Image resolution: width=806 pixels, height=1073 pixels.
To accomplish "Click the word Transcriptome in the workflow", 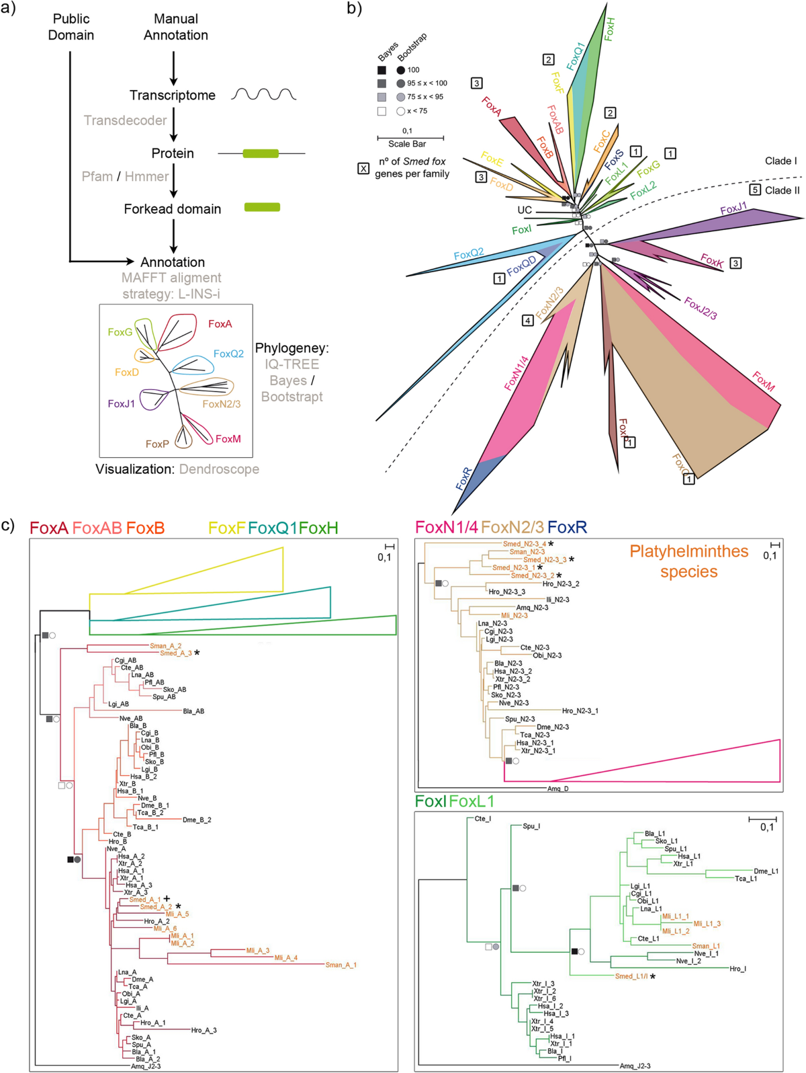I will [172, 95].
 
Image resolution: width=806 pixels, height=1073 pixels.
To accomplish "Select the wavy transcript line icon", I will [263, 94].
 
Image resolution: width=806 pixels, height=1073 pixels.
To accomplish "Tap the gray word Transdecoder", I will [125, 120].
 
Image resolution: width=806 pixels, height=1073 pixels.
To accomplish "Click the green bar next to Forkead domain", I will [262, 207].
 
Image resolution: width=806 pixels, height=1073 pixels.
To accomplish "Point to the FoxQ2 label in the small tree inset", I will [228, 354].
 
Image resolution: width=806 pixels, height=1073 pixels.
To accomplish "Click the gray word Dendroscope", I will [219, 469].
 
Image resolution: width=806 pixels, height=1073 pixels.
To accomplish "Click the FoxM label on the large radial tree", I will [763, 381].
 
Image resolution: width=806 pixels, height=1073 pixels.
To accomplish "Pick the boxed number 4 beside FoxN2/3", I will [528, 321].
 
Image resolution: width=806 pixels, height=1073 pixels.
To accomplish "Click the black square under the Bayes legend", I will [382, 70].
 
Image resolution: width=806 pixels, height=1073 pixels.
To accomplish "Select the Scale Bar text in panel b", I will [407, 144].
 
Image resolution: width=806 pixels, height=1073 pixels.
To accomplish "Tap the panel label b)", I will [354, 9].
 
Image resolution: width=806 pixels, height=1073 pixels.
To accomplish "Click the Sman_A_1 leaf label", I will [341, 965].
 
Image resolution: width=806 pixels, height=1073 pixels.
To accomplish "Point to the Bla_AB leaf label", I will [193, 711].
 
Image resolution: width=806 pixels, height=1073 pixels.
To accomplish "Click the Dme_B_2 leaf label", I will [197, 820].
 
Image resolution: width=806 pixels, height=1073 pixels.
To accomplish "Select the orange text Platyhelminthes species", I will [688, 561].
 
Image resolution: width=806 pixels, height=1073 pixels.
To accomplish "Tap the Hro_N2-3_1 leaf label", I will [580, 711].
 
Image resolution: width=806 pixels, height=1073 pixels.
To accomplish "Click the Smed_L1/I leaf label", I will [631, 976].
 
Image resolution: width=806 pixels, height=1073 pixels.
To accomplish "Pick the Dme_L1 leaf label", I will [766, 871].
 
